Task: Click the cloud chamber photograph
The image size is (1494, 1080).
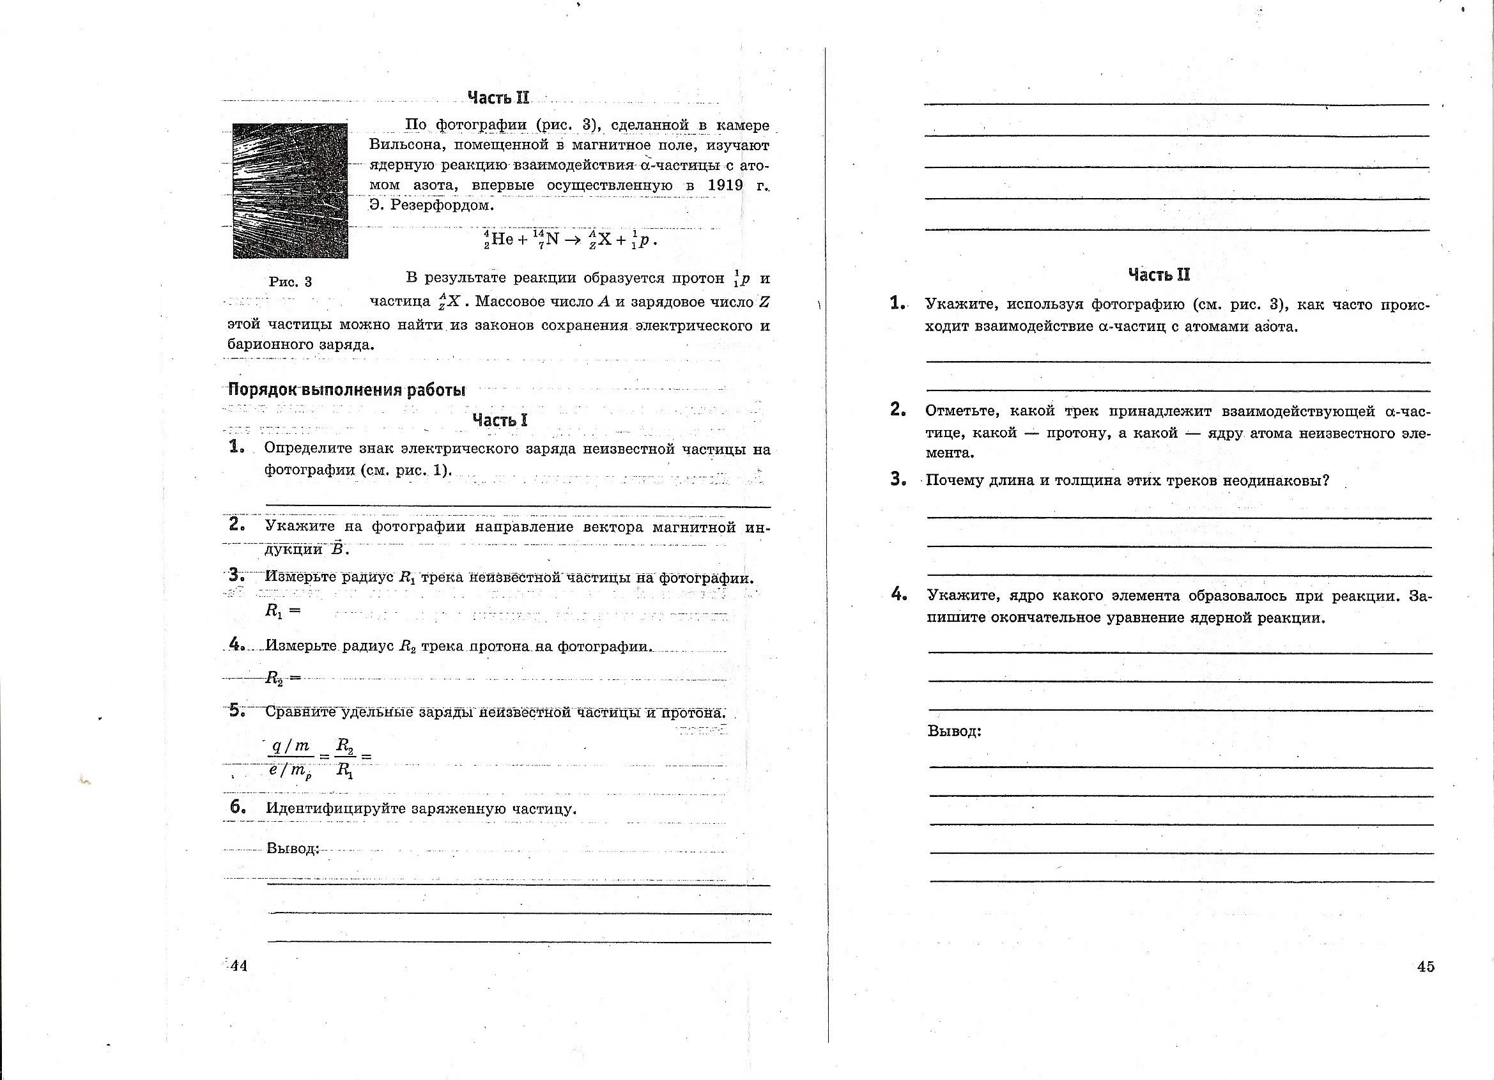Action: click(x=291, y=190)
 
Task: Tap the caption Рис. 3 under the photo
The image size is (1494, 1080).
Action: click(x=291, y=282)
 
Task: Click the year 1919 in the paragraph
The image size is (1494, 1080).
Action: click(x=725, y=185)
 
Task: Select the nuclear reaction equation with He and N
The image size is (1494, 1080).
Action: click(x=570, y=239)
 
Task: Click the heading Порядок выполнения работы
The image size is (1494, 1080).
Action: click(x=346, y=390)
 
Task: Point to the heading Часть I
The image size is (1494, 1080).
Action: click(x=500, y=420)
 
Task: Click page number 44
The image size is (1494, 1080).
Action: click(x=238, y=966)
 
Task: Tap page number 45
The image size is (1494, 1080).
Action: click(x=1426, y=967)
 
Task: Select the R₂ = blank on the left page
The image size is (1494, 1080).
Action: click(x=282, y=677)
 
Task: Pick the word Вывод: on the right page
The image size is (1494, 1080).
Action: click(x=955, y=731)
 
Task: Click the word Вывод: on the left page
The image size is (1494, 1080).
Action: click(x=293, y=848)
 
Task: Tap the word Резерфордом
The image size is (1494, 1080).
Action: click(x=442, y=205)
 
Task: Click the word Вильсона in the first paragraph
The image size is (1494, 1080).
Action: click(x=403, y=145)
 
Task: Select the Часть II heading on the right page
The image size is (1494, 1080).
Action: click(x=1159, y=275)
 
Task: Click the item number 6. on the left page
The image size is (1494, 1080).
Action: click(x=238, y=807)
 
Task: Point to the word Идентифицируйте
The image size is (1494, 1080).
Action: click(x=336, y=808)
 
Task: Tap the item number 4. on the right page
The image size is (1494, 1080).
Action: click(x=899, y=594)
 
